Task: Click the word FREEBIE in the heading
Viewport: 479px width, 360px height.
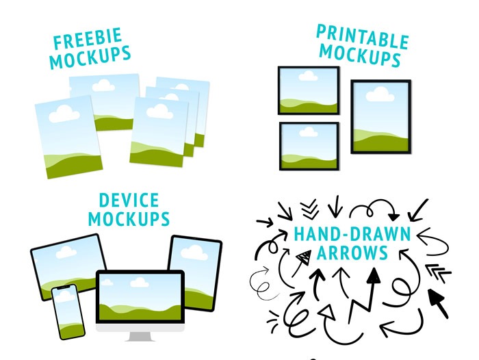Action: (x=88, y=38)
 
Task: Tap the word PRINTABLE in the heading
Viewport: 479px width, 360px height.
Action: (x=363, y=37)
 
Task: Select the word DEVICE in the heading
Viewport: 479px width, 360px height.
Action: (x=129, y=200)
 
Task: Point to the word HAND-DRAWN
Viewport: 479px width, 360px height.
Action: (x=352, y=234)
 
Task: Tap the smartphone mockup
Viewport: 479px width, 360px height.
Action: (x=68, y=311)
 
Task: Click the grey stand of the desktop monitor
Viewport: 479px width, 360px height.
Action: (x=140, y=337)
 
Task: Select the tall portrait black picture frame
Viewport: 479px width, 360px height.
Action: (x=381, y=116)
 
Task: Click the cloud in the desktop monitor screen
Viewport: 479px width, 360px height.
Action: (x=140, y=282)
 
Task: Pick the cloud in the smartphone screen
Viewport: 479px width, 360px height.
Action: (x=64, y=296)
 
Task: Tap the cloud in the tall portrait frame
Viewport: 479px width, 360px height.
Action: (x=380, y=94)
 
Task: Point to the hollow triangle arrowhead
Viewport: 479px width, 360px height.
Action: (x=327, y=311)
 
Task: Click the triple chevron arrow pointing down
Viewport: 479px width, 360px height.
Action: (x=309, y=209)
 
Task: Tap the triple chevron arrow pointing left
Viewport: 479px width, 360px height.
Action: (x=438, y=273)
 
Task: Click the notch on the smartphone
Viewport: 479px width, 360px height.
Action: (x=63, y=287)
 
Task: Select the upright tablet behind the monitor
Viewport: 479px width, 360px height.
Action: (x=196, y=273)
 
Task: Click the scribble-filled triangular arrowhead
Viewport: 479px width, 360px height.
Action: (x=305, y=257)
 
